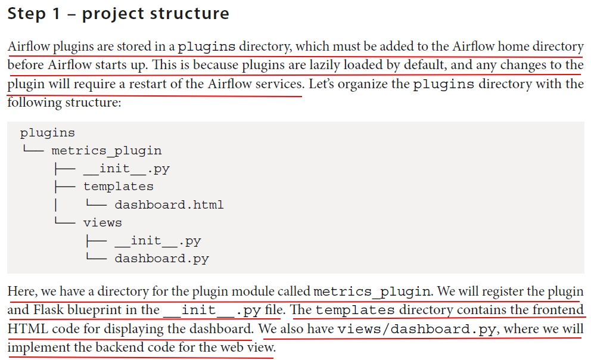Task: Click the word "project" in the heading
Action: click(x=116, y=14)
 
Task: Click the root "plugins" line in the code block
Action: click(x=48, y=133)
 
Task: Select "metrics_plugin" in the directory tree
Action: click(x=107, y=151)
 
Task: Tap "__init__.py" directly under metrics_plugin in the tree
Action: click(x=126, y=169)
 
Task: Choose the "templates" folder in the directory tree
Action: click(x=118, y=187)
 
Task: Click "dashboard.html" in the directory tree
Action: click(x=169, y=204)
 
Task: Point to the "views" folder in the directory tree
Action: click(x=102, y=222)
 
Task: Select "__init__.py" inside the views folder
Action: click(x=158, y=241)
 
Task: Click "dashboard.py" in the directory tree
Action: click(x=161, y=259)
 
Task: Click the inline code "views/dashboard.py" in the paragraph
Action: click(x=416, y=329)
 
